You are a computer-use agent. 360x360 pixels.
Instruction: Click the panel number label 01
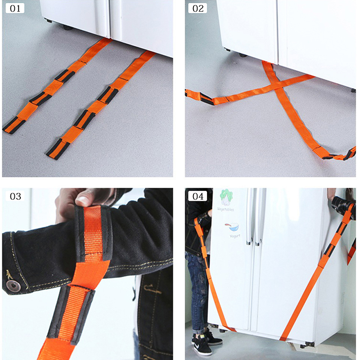coord(15,9)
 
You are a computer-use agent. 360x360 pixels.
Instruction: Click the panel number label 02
coord(198,9)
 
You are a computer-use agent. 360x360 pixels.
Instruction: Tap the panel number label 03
coord(15,196)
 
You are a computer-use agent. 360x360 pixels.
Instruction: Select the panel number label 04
coord(198,196)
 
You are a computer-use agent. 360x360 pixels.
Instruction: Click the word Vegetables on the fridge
coord(225,209)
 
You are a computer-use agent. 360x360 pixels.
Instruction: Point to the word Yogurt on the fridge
coord(235,236)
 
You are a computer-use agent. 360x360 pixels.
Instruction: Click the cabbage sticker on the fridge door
coord(226,197)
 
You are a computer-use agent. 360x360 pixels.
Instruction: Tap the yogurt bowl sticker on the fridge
coord(232,227)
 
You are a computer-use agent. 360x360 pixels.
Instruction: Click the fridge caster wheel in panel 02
coord(243,55)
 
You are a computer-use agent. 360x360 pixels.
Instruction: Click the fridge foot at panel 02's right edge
coord(353,90)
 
